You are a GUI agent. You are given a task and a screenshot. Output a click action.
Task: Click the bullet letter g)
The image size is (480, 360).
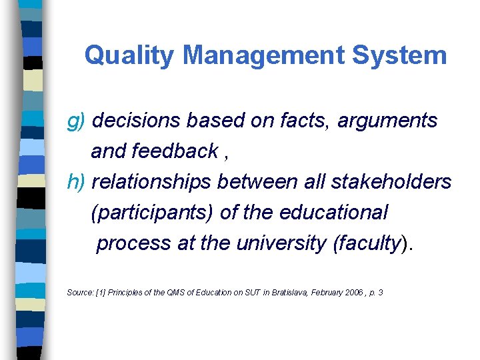[77, 121]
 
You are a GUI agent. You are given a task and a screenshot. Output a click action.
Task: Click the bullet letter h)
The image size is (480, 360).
[77, 182]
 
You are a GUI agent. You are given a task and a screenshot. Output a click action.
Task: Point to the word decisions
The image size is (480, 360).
[137, 121]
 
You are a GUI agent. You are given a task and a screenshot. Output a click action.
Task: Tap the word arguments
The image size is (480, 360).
[387, 121]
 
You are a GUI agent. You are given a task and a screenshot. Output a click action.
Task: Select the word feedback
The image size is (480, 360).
[175, 151]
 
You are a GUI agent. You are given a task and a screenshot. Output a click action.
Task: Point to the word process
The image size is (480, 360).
[134, 243]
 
